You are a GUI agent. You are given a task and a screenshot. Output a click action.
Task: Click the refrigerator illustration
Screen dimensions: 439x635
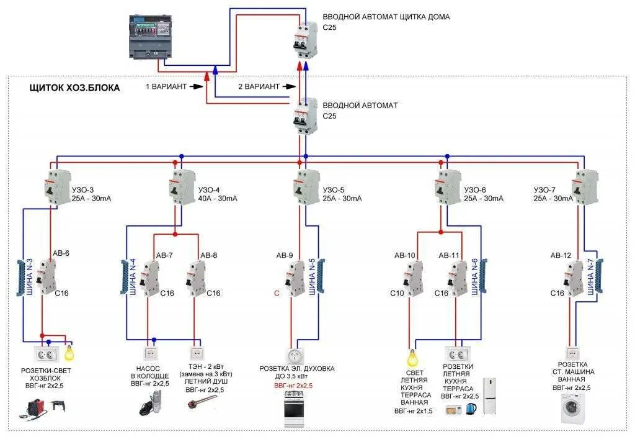pos(490,396)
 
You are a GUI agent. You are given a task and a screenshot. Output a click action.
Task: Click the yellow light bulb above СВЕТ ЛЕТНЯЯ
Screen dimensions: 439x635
pos(411,358)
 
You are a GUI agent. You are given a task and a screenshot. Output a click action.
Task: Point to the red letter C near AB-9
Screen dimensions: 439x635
pos(277,292)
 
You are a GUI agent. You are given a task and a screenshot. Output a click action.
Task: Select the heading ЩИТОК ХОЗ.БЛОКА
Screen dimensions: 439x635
pos(75,88)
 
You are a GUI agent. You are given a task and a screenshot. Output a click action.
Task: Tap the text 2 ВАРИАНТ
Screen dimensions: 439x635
pos(259,87)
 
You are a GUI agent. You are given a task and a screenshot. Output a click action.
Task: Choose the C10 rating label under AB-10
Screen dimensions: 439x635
pos(397,292)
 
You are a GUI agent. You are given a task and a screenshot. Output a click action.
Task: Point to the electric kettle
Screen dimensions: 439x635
pos(471,408)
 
